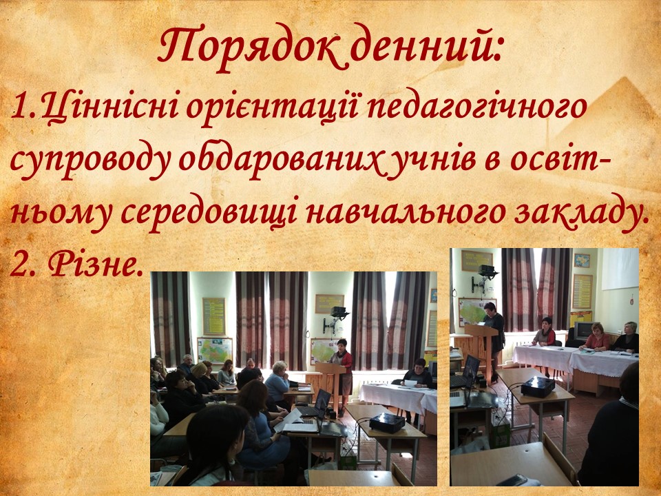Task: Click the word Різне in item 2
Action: coord(92,264)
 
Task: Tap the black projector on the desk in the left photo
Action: coord(386,422)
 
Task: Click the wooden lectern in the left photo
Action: coord(332,381)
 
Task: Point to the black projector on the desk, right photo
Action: coord(538,386)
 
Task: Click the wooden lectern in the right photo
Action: coord(481,347)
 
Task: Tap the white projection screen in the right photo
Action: coord(620,269)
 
